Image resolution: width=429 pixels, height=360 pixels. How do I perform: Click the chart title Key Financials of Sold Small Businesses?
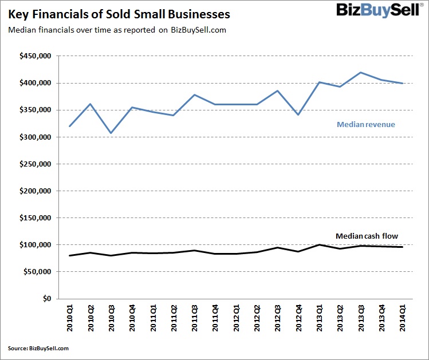[x=119, y=13]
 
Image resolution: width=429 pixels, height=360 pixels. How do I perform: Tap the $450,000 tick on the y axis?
[x=35, y=56]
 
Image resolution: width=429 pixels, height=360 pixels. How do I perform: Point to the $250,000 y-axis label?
[x=35, y=164]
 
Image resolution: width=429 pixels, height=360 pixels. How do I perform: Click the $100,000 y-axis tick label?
[x=35, y=245]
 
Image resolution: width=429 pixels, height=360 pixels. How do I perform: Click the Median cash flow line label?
[x=366, y=236]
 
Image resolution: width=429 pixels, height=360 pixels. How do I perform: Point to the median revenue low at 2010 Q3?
[x=111, y=133]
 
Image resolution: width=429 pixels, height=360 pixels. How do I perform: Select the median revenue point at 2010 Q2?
[x=90, y=104]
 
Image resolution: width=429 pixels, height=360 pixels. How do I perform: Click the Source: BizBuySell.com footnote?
[x=38, y=348]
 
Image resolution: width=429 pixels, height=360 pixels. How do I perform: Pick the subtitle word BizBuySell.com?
[x=199, y=30]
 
